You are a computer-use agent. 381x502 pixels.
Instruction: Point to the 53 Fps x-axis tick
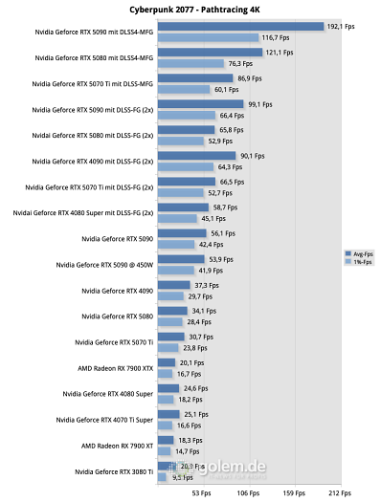202,493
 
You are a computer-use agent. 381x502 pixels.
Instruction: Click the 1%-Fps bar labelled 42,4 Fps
176,244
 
